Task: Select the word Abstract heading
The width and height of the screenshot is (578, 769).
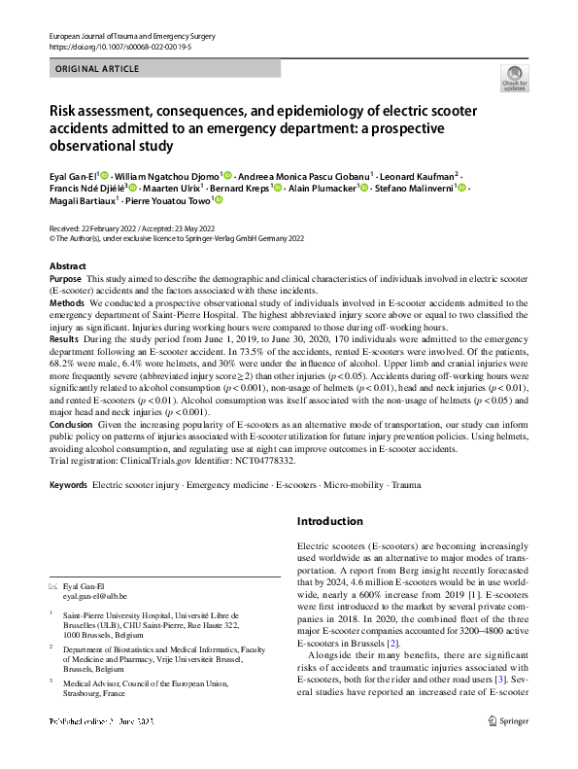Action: click(x=69, y=265)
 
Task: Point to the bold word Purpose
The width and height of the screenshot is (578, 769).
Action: click(x=65, y=279)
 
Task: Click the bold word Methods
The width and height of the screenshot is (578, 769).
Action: click(x=67, y=303)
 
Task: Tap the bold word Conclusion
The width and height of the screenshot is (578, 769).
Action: click(x=71, y=424)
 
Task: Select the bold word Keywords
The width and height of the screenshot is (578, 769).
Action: click(x=69, y=483)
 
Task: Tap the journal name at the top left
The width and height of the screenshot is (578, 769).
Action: click(x=130, y=36)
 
